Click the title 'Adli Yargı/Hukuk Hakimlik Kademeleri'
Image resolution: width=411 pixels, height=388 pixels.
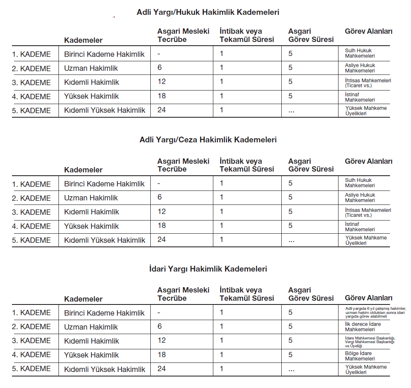[208, 12]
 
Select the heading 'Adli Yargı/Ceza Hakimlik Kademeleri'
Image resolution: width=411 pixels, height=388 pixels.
[208, 140]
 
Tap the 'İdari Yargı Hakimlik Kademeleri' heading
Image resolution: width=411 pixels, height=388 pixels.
[208, 269]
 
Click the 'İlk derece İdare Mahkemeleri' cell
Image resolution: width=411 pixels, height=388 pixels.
[363, 327]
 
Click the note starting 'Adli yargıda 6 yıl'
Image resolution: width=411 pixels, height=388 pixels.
[375, 313]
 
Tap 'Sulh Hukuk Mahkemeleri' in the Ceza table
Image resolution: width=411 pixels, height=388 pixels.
[360, 183]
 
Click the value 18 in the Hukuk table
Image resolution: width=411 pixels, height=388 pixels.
[161, 96]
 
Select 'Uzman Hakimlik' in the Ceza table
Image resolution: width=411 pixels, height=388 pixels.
[91, 198]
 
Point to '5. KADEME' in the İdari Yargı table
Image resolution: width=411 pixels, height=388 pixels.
[31, 369]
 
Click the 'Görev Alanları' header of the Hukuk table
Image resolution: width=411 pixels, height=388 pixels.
[368, 32]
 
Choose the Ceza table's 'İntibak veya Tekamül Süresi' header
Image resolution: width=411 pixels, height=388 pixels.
[246, 165]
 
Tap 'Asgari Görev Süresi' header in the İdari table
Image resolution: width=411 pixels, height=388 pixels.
[311, 294]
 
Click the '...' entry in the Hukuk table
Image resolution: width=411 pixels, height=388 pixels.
[292, 111]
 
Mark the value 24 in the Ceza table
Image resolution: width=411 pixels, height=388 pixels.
[161, 239]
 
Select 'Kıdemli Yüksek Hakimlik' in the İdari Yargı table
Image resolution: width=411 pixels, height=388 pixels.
[105, 369]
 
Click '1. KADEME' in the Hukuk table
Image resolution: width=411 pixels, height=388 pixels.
[31, 54]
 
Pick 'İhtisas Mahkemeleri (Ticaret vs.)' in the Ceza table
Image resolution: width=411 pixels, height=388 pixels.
[368, 212]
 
